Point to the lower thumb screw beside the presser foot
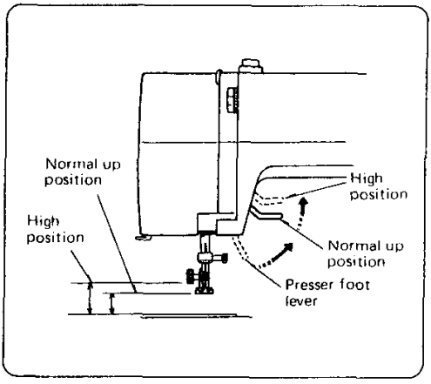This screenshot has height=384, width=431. coord(189,277)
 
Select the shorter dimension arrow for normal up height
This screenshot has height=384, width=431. coord(111,303)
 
